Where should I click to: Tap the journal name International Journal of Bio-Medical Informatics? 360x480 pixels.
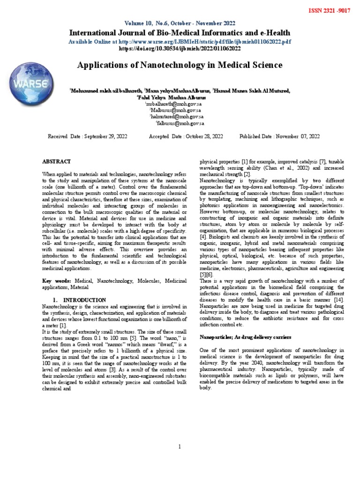pos(180,33)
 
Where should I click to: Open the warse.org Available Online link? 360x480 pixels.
pos(180,41)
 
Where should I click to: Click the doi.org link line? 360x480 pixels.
pos(180,48)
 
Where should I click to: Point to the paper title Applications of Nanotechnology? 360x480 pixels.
pos(180,65)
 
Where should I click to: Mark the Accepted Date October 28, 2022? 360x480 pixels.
pos(186,136)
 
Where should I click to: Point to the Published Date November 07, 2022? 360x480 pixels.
pos(279,136)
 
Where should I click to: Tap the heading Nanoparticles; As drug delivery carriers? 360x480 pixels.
pos(246,337)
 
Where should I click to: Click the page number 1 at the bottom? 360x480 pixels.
pos(180,447)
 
